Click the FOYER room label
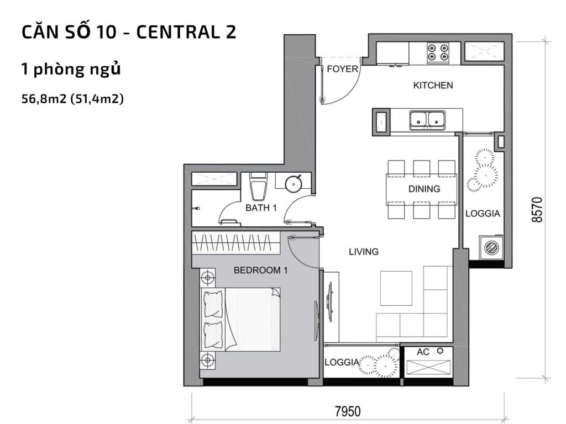pyautogui.click(x=343, y=70)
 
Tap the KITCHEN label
pyautogui.click(x=433, y=86)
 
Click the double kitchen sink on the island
pyautogui.click(x=427, y=119)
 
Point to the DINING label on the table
pyautogui.click(x=424, y=189)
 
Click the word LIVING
pyautogui.click(x=363, y=252)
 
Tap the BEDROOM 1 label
pyautogui.click(x=261, y=271)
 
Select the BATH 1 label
pyautogui.click(x=261, y=208)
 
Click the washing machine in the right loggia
pyautogui.click(x=490, y=247)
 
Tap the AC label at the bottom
pyautogui.click(x=423, y=352)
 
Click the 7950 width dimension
pyautogui.click(x=348, y=411)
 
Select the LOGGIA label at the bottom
pyautogui.click(x=342, y=363)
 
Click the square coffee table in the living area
pyautogui.click(x=396, y=288)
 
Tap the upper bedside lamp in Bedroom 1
pyautogui.click(x=207, y=277)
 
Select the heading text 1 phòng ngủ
pyautogui.click(x=71, y=70)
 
